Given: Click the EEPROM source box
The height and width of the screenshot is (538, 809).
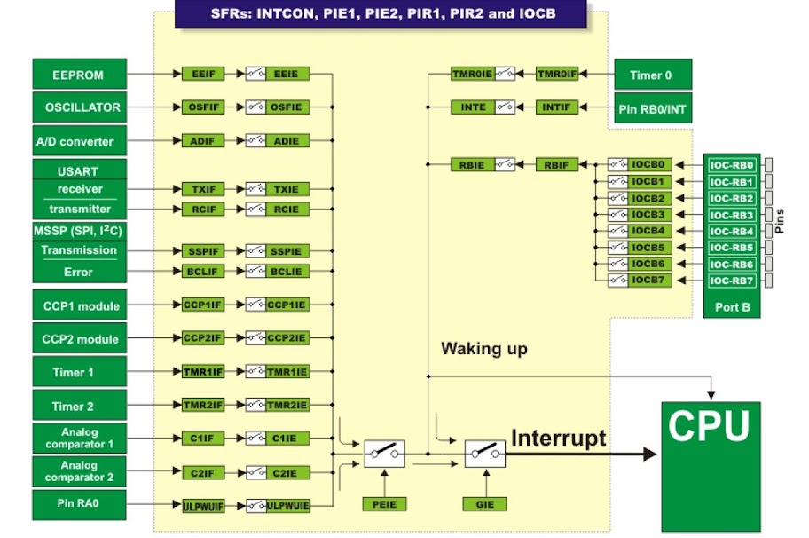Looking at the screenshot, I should point(78,75).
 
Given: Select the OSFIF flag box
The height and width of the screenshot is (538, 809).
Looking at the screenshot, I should point(200,107).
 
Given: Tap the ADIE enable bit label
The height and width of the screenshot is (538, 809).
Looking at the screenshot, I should point(286,141).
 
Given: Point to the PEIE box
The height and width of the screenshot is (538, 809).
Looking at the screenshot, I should point(384,503).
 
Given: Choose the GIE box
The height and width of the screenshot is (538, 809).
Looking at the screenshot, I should point(484,503).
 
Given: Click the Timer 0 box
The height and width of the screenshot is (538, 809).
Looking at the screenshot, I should point(653,75).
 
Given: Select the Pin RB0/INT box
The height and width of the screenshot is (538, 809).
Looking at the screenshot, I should point(653,107).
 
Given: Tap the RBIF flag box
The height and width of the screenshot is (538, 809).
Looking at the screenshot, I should point(556,164).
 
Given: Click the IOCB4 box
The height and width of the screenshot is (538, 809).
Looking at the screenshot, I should point(648,231).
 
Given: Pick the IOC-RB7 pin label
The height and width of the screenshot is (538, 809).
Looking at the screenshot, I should point(732,281).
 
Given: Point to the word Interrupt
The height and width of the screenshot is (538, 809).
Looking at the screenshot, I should point(559,437).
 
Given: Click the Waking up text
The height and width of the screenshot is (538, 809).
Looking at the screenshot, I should point(484,349).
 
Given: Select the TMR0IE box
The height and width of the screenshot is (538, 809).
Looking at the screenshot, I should point(472,75).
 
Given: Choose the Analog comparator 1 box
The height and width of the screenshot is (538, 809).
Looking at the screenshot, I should point(78,437).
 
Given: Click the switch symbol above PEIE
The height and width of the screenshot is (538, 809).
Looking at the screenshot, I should point(384,454).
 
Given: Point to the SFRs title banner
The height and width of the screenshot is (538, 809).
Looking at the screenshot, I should point(381,15).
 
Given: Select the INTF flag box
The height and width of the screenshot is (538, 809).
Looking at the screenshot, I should point(556,107).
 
